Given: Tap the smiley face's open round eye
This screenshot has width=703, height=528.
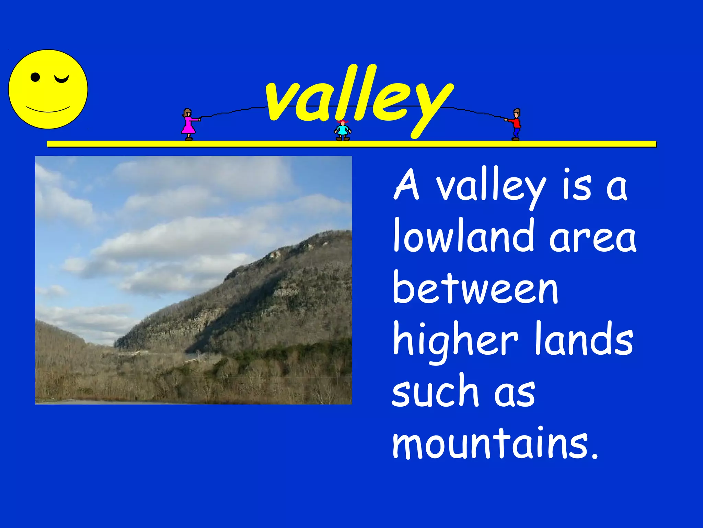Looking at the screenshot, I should coord(35,77).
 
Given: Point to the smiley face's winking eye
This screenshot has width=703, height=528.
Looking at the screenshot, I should coord(62,79).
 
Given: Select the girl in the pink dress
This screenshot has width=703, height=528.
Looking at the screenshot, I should coord(188,124).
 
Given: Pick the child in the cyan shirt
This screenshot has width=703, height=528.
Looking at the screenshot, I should coord(343,130).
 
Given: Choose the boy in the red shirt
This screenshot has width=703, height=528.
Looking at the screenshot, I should coord(516,124).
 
